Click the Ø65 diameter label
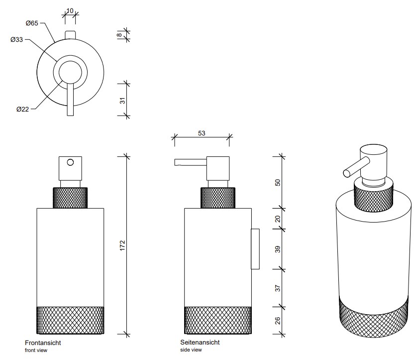[32, 23]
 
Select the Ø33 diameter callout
[17, 40]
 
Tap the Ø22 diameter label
[22, 110]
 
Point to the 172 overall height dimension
[123, 245]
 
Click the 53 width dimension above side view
[202, 133]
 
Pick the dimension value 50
[278, 182]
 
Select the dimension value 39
[278, 248]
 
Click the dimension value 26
[278, 320]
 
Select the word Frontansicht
[43, 343]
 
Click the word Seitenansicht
[200, 343]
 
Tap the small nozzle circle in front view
[70, 162]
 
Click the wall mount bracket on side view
[255, 249]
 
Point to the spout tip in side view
[176, 162]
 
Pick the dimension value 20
[278, 219]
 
